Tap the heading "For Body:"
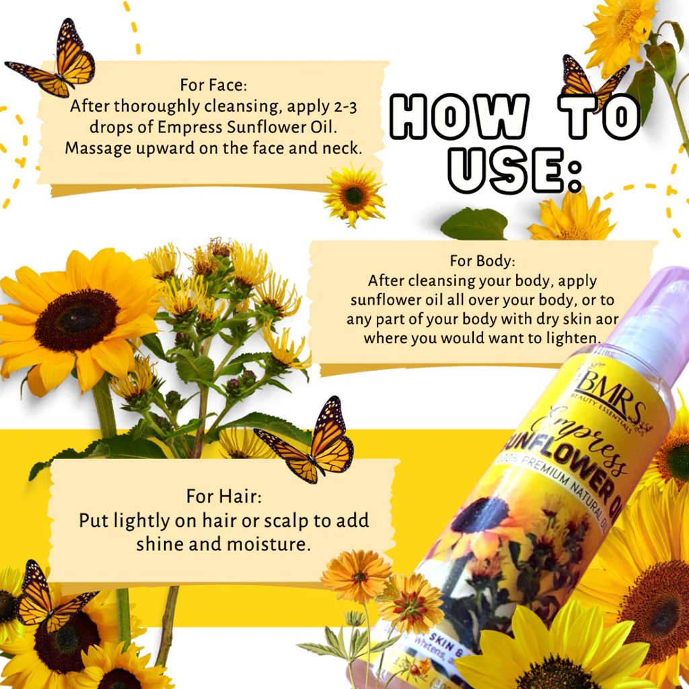coord(482,261)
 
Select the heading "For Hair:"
coord(224,497)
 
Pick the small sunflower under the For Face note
coord(354,194)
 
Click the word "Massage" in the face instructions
coord(92,149)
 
